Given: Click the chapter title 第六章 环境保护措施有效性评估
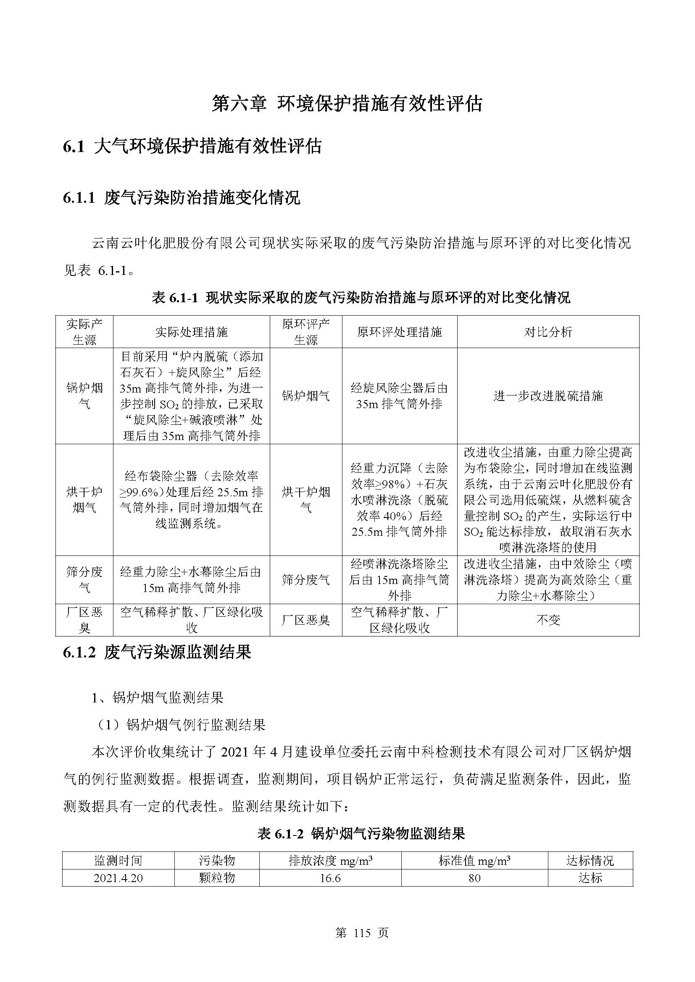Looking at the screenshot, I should tap(347, 104).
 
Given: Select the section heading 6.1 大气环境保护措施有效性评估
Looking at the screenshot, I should tap(192, 147).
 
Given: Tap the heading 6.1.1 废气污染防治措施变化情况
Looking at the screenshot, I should tap(182, 198).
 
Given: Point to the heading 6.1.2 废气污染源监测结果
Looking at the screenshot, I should tap(157, 652).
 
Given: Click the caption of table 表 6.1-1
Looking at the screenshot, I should tap(361, 297).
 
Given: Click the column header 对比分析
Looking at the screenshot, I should tap(548, 332).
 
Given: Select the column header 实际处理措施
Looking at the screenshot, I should tap(191, 332).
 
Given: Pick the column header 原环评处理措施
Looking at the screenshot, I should tap(399, 332).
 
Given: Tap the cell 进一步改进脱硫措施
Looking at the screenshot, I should tap(548, 395).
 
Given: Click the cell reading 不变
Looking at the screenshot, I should tap(548, 620).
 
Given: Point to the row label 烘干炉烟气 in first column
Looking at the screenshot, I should tap(84, 500).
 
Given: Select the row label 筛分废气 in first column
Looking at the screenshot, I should tap(84, 579).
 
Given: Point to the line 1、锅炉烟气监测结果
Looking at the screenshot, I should tap(157, 698).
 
